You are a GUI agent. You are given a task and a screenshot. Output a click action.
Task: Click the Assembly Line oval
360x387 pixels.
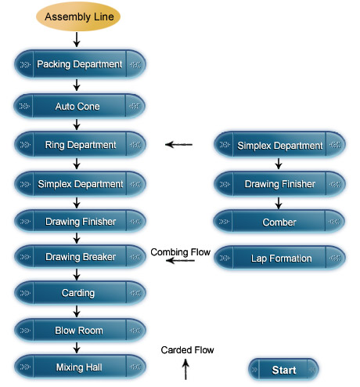click(x=78, y=16)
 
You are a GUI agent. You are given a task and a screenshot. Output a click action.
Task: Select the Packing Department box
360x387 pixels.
click(x=80, y=64)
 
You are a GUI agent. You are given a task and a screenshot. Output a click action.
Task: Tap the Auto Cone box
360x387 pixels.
click(x=79, y=106)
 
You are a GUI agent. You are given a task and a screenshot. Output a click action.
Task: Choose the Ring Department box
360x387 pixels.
click(x=80, y=145)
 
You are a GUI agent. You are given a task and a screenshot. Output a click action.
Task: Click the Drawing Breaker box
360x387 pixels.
click(x=80, y=257)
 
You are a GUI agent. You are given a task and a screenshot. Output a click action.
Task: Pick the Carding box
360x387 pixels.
click(x=80, y=293)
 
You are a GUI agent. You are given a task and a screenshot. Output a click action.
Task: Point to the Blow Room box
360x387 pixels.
click(x=80, y=331)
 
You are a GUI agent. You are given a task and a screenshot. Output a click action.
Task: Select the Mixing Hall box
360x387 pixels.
click(x=80, y=367)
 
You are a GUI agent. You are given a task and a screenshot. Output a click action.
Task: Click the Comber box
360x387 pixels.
click(x=279, y=222)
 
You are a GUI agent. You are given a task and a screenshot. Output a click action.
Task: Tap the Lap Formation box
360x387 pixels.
click(x=279, y=258)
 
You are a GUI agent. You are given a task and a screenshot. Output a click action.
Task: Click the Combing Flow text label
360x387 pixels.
click(x=181, y=252)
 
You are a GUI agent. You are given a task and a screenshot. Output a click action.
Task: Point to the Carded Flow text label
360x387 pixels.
click(x=187, y=350)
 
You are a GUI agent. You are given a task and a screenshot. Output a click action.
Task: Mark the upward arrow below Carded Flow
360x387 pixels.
click(x=185, y=369)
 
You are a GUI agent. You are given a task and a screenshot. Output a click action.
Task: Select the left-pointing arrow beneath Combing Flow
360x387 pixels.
click(x=180, y=260)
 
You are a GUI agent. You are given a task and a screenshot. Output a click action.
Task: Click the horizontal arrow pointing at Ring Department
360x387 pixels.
click(x=179, y=144)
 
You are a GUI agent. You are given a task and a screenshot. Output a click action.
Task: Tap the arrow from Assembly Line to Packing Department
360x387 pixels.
click(x=77, y=40)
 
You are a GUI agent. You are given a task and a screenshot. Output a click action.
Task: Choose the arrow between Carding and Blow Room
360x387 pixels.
click(x=77, y=311)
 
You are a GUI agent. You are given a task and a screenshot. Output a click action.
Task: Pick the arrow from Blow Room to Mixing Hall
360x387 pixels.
click(x=77, y=348)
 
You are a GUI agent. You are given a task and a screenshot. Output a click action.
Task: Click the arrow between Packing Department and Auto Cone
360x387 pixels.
click(x=77, y=85)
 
